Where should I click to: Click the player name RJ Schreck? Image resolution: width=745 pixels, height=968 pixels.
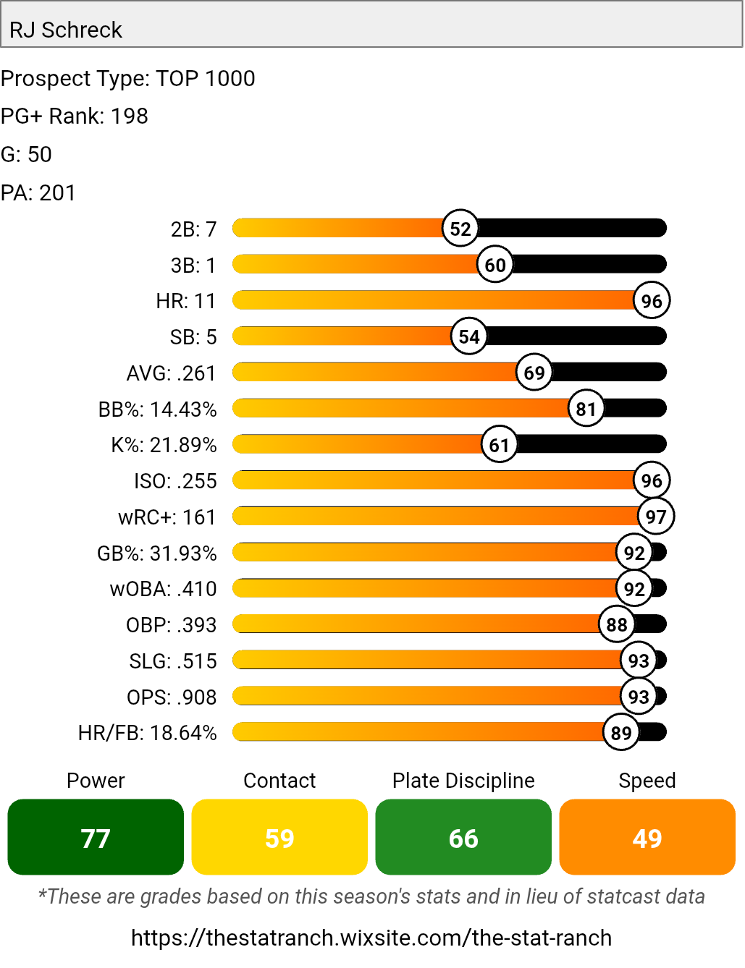tap(66, 30)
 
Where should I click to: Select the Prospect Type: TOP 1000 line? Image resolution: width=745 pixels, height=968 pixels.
tap(128, 78)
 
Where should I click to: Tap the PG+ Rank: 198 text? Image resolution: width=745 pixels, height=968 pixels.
tap(75, 116)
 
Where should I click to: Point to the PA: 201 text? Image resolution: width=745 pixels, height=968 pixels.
tap(38, 192)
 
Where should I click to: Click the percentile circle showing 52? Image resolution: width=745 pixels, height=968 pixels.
tap(460, 229)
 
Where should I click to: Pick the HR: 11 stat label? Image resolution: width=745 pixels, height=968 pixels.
tap(186, 301)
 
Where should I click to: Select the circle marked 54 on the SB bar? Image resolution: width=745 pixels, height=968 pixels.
tap(469, 336)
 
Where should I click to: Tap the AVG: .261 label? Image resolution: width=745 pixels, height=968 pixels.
tap(172, 373)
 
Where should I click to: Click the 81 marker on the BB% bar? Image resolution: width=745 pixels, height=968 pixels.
tap(586, 409)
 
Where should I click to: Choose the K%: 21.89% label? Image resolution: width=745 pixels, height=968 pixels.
tap(164, 445)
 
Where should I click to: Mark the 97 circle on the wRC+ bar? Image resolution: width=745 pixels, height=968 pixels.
tap(656, 517)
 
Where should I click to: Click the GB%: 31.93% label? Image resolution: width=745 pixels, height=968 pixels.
tap(157, 553)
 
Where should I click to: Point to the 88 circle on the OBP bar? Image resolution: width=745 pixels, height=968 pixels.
tap(617, 624)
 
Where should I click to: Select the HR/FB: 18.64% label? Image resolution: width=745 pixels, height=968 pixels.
tap(148, 733)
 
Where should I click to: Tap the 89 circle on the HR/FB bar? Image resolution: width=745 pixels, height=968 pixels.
tap(621, 733)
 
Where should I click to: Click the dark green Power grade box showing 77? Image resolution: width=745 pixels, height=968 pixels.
tap(96, 837)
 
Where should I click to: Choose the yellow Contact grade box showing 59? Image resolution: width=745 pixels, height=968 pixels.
tap(279, 837)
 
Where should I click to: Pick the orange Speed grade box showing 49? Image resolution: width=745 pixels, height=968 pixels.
tap(647, 837)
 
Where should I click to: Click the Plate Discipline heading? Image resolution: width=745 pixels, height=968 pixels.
tap(463, 781)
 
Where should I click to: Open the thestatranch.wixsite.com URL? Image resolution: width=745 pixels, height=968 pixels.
tap(371, 938)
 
